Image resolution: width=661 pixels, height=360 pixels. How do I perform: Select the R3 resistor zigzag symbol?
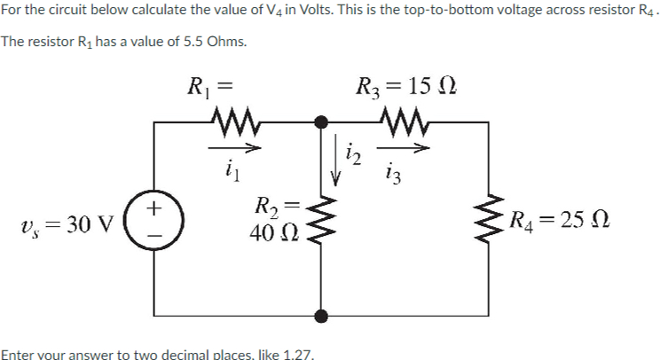tap(403, 120)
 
